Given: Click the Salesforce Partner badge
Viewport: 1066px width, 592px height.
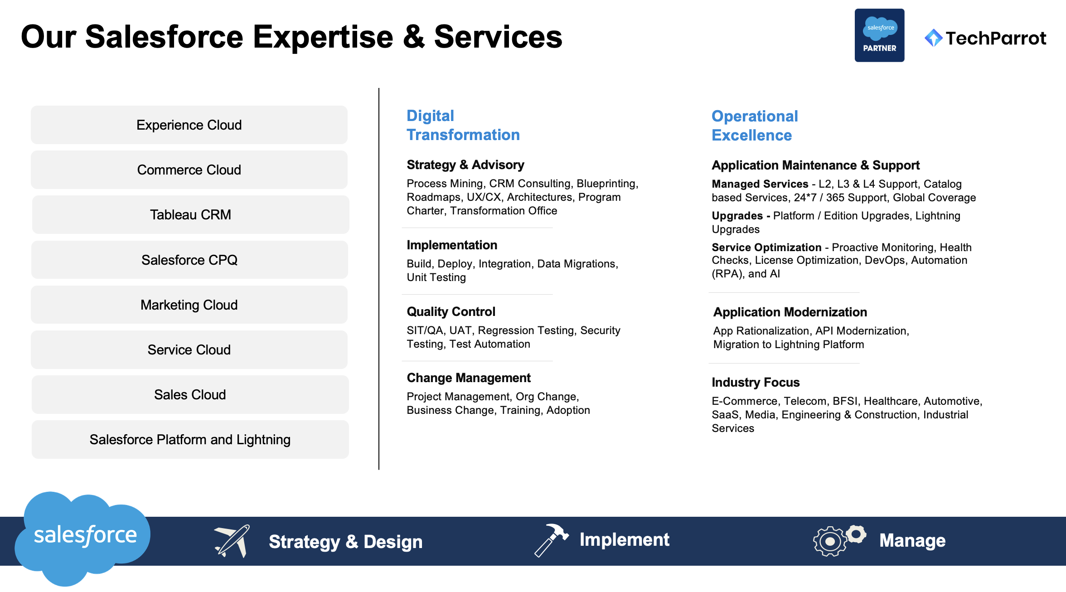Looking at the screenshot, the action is tap(879, 35).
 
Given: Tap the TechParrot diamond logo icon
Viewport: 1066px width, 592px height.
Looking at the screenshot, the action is tap(933, 38).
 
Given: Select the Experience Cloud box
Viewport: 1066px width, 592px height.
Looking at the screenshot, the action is tap(189, 125).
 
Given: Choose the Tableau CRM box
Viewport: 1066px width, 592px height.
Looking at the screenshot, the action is tap(190, 214).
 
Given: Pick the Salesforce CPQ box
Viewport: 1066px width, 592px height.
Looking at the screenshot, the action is tap(189, 260).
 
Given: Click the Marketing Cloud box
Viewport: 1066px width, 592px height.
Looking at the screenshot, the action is tap(189, 305).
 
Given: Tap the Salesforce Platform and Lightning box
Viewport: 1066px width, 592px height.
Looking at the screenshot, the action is tap(190, 439).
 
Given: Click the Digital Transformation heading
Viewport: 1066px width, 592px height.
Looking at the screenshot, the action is tap(463, 125).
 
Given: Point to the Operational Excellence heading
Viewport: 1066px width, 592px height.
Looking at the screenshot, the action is tap(755, 126).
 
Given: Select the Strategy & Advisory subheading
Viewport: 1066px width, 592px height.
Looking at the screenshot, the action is tap(465, 165).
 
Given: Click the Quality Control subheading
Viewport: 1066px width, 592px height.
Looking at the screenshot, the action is tap(451, 311).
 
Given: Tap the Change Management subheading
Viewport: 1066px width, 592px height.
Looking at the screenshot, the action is tap(469, 378).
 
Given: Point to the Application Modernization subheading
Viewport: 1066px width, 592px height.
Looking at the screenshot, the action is tap(790, 312).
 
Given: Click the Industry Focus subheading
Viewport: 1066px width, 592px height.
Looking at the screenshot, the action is tap(756, 382).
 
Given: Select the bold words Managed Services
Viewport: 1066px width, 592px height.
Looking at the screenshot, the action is tap(760, 184).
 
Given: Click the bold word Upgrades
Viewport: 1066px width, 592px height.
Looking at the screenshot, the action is tap(737, 215).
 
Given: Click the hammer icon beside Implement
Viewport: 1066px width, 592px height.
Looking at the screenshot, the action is tap(551, 540).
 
